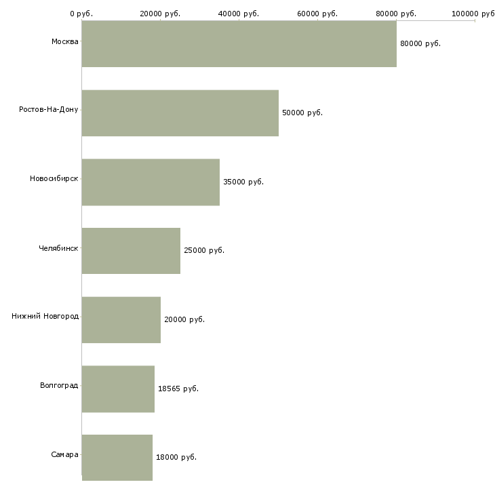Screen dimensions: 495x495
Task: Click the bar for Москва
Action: [239, 43]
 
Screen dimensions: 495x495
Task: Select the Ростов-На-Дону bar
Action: [180, 113]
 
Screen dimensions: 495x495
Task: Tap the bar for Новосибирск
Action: [151, 182]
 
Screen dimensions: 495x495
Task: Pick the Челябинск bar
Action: [131, 251]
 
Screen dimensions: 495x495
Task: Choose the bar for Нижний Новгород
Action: [121, 320]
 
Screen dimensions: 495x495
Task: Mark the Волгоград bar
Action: [119, 389]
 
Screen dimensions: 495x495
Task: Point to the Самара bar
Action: [117, 458]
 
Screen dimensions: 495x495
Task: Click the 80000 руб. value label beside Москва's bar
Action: [420, 43]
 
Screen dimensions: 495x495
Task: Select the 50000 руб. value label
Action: [302, 113]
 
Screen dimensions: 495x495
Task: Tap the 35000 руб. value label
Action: [243, 182]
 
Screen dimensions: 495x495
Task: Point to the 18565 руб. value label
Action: [178, 389]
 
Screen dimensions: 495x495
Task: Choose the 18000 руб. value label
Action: [176, 457]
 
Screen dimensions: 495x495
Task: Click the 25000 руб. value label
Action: [204, 250]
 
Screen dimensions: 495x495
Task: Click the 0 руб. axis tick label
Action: [81, 14]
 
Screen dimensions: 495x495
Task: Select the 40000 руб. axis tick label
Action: [239, 14]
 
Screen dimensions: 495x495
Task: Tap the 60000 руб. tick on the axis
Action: [317, 14]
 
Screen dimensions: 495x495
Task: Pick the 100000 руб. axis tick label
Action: [473, 14]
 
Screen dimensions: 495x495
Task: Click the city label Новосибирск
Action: [54, 179]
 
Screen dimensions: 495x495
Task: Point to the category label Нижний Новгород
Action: [45, 316]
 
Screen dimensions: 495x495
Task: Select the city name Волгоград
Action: [59, 385]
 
